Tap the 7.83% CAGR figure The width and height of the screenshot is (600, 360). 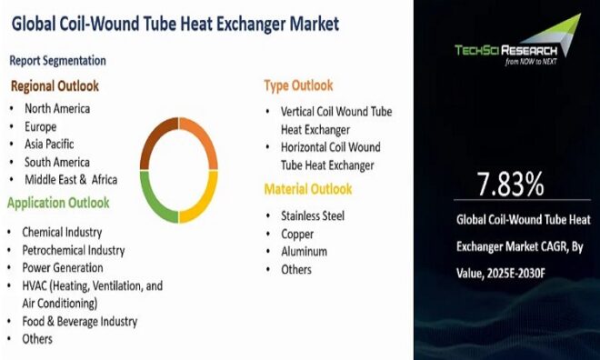point(511,185)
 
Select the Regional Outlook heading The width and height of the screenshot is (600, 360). point(55,86)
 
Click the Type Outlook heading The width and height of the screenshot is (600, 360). point(298,85)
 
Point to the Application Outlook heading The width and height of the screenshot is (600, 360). point(59,203)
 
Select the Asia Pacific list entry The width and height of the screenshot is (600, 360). point(49,144)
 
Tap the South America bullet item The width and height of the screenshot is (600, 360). point(56,161)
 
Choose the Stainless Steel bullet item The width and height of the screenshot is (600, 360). point(313,215)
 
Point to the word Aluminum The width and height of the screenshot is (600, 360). point(304,251)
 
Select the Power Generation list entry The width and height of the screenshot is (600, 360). point(63,267)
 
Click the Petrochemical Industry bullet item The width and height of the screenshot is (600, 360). point(74,249)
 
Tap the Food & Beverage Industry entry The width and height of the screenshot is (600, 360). point(80,321)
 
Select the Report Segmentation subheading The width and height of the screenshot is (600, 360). point(57,61)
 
